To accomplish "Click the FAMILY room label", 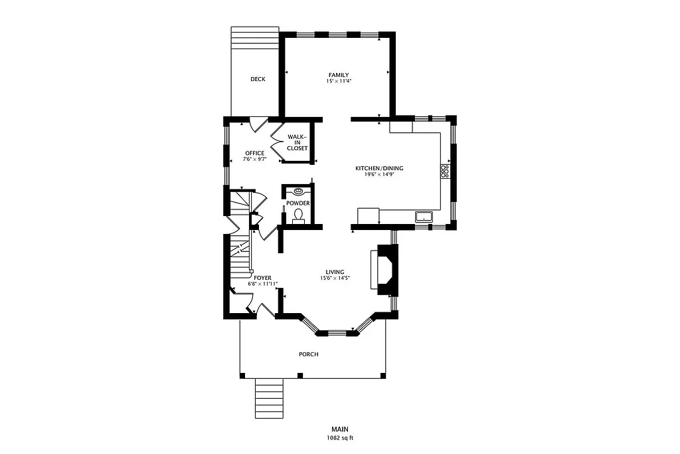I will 338,74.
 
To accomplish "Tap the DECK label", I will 258,79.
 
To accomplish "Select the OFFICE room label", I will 254,153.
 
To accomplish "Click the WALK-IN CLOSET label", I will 297,142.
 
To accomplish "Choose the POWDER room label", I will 298,203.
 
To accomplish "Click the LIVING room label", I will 334,271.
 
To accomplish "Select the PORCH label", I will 308,354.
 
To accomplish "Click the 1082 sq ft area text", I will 339,438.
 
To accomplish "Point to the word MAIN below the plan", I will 339,429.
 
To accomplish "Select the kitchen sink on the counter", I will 423,216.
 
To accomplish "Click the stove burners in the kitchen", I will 444,171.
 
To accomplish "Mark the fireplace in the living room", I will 385,269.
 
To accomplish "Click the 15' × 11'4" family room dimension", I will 338,80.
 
